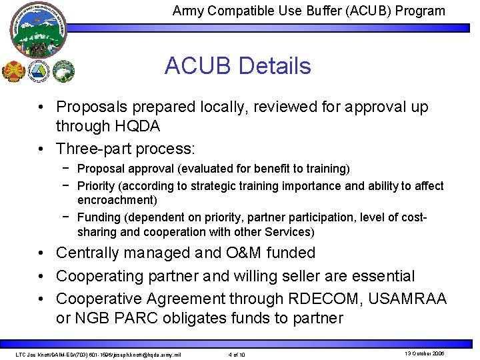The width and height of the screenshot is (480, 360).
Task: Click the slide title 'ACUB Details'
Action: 237,66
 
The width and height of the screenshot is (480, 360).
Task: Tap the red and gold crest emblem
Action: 13,71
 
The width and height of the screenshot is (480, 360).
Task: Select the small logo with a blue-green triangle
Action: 39,71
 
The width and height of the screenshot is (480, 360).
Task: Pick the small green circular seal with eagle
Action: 64,71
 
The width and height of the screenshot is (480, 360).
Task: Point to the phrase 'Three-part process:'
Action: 125,148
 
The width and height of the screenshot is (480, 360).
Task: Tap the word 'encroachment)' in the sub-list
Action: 117,200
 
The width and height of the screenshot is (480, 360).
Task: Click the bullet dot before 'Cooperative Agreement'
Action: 41,299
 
